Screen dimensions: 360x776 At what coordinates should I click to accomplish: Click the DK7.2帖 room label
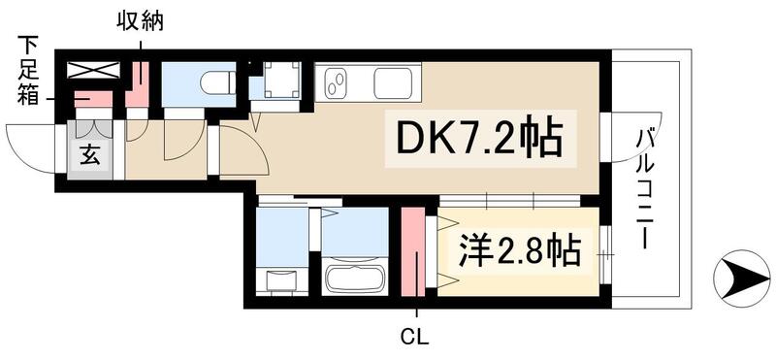click(x=476, y=139)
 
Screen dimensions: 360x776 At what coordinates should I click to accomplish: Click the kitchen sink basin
click(x=396, y=82)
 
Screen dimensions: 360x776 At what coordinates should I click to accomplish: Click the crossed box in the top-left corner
click(x=93, y=69)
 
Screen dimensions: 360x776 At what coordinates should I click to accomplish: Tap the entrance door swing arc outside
click(x=29, y=147)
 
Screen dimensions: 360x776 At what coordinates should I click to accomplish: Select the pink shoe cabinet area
click(x=93, y=99)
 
